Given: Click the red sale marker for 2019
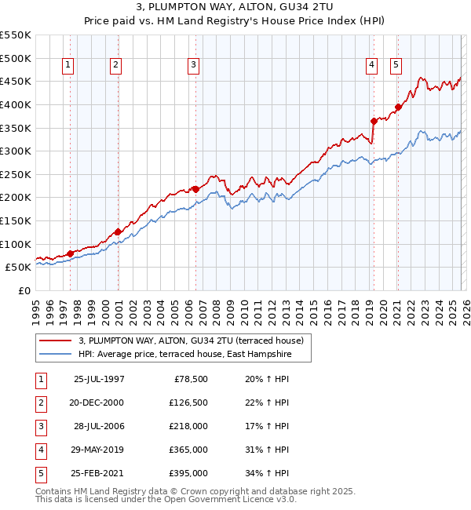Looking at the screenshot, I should [374, 121].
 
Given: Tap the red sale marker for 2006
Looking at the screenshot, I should [195, 189].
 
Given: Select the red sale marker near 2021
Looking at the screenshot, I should [398, 107].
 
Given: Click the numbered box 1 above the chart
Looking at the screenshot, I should [69, 65].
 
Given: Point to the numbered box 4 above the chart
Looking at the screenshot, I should [371, 65].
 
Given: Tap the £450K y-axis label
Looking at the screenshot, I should [16, 81].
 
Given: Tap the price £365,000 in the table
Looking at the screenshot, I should [188, 450].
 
